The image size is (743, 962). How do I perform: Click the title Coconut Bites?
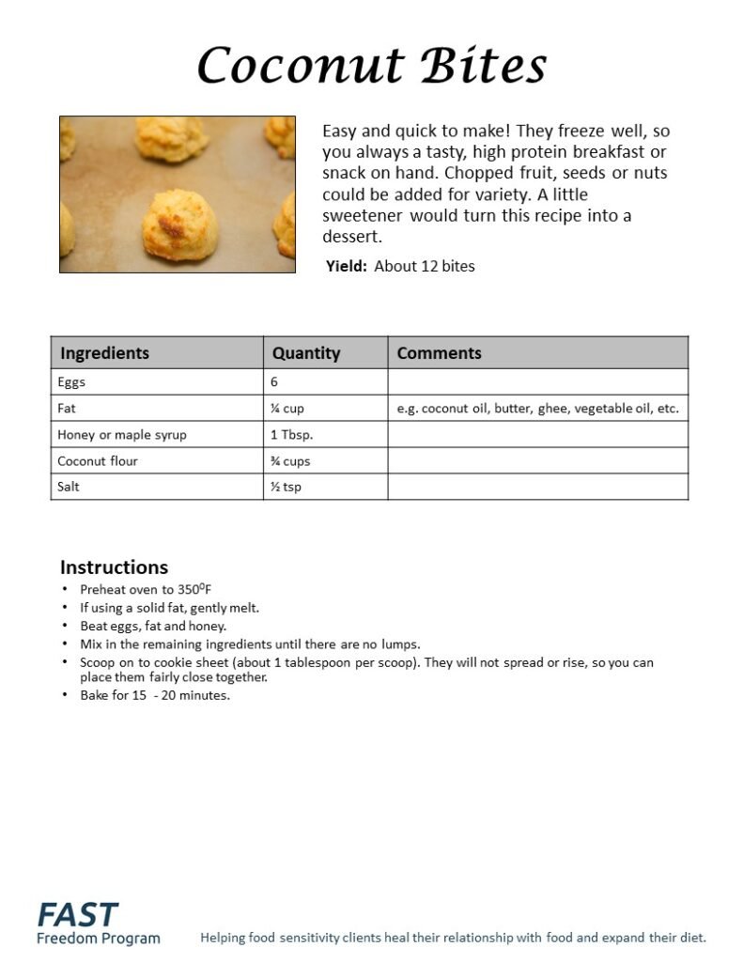pos(372,67)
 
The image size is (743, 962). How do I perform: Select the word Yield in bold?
pos(346,266)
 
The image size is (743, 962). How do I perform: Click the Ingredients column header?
pos(104,353)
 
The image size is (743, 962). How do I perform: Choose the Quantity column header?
pos(305,353)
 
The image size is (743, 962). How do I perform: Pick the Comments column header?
pos(439,353)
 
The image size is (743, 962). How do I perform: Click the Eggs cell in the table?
pos(71,382)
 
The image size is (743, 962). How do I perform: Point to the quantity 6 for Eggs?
pos(274,382)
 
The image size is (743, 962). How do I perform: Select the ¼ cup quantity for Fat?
pos(286,409)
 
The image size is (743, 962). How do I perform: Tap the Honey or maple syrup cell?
pos(121,435)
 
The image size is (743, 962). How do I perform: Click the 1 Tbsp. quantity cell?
pos(291,435)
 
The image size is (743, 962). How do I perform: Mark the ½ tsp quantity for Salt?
pos(286,487)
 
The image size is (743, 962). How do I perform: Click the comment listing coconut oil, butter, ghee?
pos(537,409)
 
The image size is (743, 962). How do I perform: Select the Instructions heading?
pos(114,567)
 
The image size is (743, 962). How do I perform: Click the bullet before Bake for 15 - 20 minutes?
pos(65,695)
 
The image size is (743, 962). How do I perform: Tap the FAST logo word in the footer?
pos(78,914)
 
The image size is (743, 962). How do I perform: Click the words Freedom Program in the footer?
pos(98,938)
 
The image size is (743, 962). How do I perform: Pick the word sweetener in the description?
pos(362,216)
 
